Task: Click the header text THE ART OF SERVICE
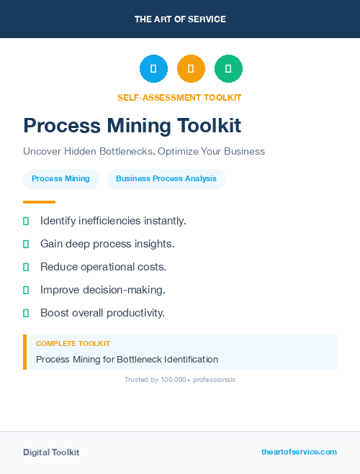coord(180,19)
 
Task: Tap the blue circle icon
coord(153,69)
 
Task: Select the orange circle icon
coord(191,69)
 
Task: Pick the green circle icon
coord(228,69)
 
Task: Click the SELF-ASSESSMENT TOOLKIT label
coord(179,98)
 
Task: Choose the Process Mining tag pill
coord(61,179)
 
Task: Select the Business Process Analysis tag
coord(166,179)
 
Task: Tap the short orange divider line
coord(39,202)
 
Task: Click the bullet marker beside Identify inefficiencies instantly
coord(26,221)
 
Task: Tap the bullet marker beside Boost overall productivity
coord(26,313)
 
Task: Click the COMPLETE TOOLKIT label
coord(73,344)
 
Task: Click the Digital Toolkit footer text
coord(51,452)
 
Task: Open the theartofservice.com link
coord(299,452)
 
